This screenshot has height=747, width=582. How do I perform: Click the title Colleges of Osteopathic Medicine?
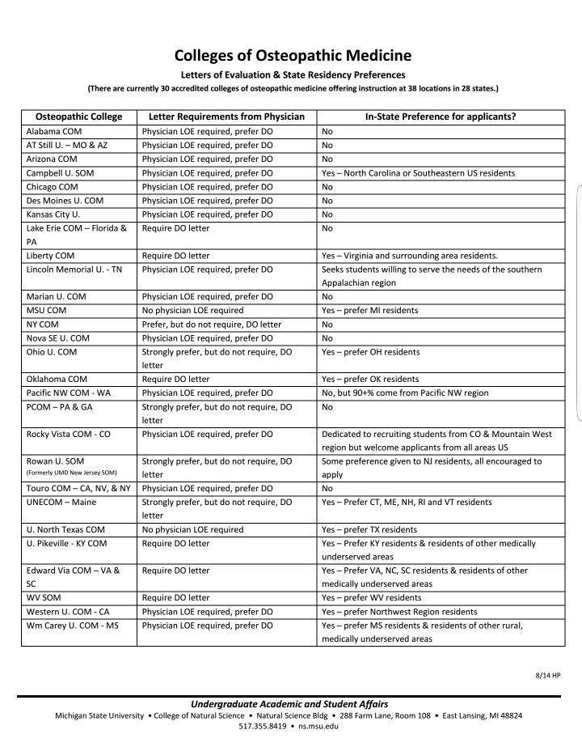click(x=293, y=56)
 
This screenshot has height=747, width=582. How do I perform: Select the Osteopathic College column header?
click(x=78, y=117)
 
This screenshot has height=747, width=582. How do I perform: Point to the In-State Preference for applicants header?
click(x=441, y=117)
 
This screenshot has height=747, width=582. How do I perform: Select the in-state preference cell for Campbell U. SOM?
click(x=418, y=172)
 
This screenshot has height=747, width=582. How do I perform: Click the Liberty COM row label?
click(x=51, y=256)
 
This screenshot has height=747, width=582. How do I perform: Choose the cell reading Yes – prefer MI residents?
click(x=370, y=310)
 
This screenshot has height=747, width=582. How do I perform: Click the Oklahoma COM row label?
click(x=57, y=379)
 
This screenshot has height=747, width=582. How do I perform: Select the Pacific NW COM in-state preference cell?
click(x=405, y=393)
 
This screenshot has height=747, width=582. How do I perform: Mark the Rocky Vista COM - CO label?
click(x=69, y=434)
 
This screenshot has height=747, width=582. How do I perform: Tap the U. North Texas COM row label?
click(x=65, y=529)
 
